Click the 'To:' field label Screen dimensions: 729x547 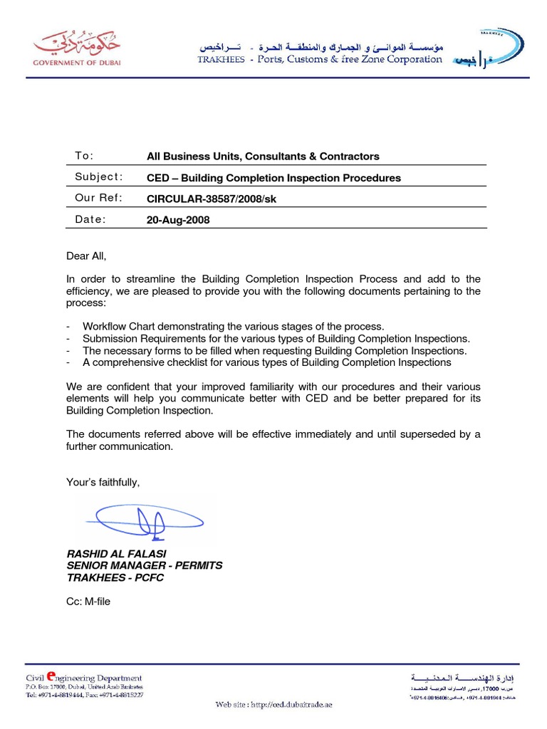pyautogui.click(x=84, y=156)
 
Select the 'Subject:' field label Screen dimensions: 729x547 pyautogui.click(x=99, y=177)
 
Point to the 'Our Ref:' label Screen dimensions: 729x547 pyautogui.click(x=98, y=198)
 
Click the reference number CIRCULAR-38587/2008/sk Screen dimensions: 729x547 pyautogui.click(x=211, y=199)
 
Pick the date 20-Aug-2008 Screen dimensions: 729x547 pyautogui.click(x=178, y=220)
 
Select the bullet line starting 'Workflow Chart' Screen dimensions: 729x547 pyautogui.click(x=233, y=326)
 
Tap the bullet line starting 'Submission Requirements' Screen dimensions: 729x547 pyautogui.click(x=276, y=338)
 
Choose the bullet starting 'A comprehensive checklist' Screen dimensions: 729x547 pyautogui.click(x=266, y=362)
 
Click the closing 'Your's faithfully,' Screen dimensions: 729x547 pyautogui.click(x=103, y=483)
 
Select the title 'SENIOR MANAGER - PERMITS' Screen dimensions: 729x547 pyautogui.click(x=144, y=565)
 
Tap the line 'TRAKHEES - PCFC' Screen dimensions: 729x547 pyautogui.click(x=115, y=577)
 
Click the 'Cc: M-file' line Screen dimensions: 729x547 pyautogui.click(x=88, y=602)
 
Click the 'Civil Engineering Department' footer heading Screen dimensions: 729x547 pyautogui.click(x=83, y=678)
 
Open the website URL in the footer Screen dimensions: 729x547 pyautogui.click(x=274, y=705)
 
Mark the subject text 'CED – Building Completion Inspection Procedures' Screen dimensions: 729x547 pyautogui.click(x=273, y=178)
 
